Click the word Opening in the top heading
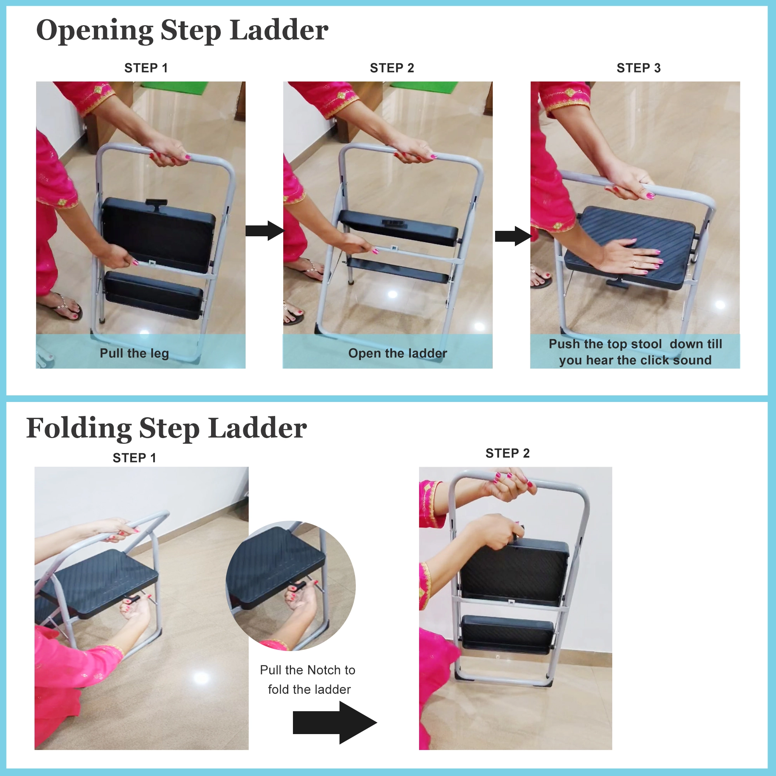tap(95, 31)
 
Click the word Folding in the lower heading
tap(79, 429)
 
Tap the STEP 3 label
tap(638, 68)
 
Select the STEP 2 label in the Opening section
tap(391, 68)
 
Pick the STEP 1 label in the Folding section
tap(134, 457)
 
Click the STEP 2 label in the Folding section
tap(507, 453)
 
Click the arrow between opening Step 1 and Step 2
tap(265, 230)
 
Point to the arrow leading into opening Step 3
tap(513, 236)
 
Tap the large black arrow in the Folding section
tap(334, 722)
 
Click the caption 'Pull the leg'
tap(134, 353)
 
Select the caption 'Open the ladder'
tap(397, 353)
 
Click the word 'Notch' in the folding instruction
tap(324, 670)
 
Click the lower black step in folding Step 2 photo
tap(507, 634)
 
